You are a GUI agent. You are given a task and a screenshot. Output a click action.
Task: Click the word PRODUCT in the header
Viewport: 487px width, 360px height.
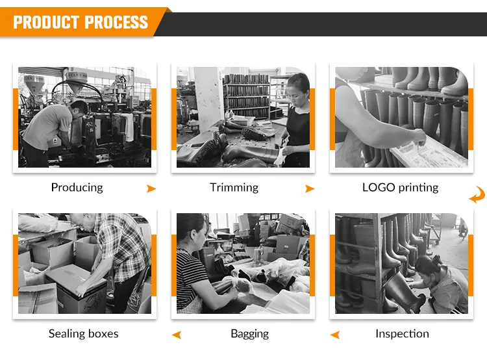coord(45,22)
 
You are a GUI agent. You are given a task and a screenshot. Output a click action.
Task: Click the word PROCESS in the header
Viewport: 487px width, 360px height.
coord(116,22)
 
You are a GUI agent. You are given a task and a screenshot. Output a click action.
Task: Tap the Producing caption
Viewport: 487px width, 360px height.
coord(77,188)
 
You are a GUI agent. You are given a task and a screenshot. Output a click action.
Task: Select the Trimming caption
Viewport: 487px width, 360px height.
coord(234,188)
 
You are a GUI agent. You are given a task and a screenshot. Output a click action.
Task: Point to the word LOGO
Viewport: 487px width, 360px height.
coord(379,187)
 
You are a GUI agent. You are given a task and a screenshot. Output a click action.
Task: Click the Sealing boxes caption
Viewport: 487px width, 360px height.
coord(84,333)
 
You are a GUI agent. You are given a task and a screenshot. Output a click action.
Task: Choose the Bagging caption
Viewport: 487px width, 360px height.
coord(250,334)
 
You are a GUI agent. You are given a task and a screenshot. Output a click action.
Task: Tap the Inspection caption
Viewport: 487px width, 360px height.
coord(402,334)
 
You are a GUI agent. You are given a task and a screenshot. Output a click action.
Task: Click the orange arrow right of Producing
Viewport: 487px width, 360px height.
coord(151,188)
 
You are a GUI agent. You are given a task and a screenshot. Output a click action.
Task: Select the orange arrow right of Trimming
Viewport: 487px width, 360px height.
coord(310,188)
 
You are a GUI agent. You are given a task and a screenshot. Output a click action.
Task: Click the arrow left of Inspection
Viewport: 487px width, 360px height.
coord(335,335)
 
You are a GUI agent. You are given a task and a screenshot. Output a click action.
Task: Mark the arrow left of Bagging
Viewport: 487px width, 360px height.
coord(177,335)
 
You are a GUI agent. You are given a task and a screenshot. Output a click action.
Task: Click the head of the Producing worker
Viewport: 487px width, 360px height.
coord(79,109)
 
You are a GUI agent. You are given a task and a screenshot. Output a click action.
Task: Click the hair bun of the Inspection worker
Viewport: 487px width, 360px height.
coord(438,259)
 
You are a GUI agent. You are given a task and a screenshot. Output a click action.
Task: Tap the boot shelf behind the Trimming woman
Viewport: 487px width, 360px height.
coord(246,96)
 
